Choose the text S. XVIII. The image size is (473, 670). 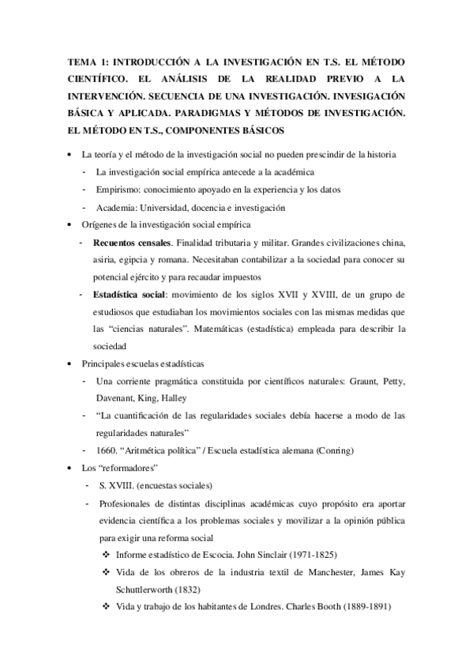click(x=114, y=484)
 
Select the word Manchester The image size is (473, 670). click(x=335, y=571)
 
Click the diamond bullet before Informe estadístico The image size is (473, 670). click(x=106, y=554)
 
